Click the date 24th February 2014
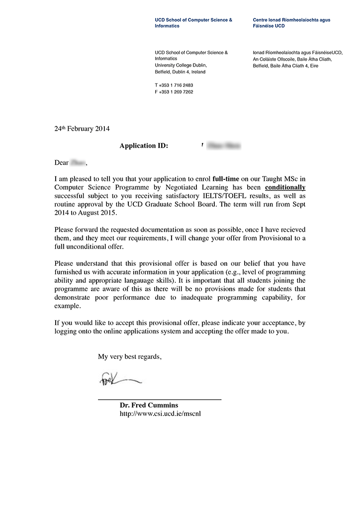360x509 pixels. click(82, 128)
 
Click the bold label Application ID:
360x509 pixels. click(144, 146)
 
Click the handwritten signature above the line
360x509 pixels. click(119, 380)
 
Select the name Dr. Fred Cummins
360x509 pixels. click(149, 405)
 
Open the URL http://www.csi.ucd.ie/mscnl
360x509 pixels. click(160, 414)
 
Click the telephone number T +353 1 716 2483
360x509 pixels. click(174, 85)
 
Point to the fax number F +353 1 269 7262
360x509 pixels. click(174, 92)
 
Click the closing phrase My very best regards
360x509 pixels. click(129, 356)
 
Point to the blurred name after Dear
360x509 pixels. click(79, 163)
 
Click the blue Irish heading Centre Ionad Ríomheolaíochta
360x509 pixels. click(291, 20)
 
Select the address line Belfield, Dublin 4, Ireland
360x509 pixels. click(180, 72)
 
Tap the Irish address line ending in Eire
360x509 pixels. click(285, 66)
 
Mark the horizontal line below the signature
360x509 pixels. click(159, 399)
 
